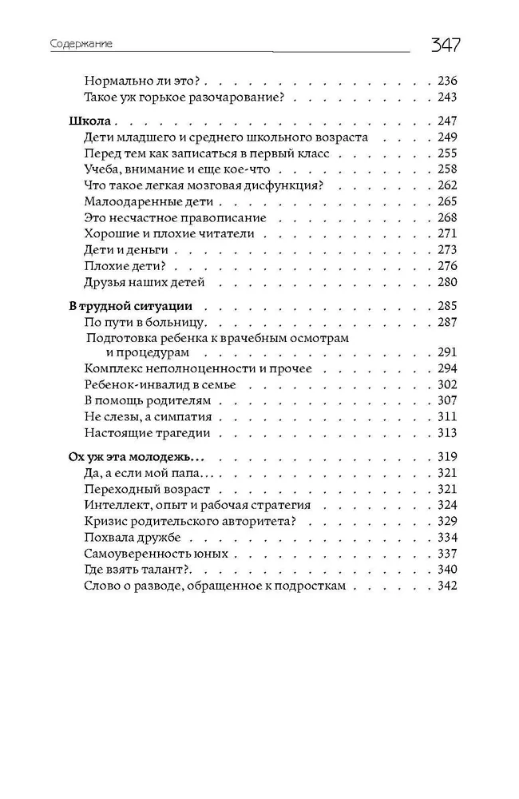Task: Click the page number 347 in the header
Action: coord(446,45)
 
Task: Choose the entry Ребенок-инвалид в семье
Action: coord(160,384)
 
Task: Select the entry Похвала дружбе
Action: coord(132,537)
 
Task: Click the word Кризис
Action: coord(104,521)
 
